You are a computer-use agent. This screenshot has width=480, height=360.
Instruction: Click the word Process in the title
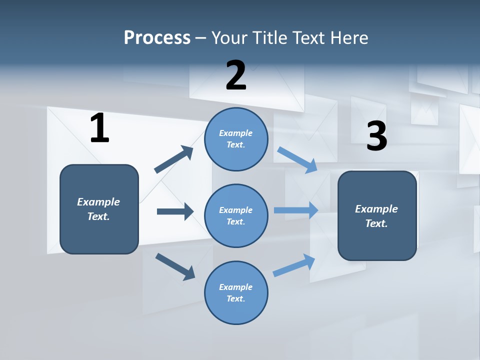click(157, 38)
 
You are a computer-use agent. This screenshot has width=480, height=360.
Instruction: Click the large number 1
click(99, 128)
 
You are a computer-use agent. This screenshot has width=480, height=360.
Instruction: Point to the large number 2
click(236, 75)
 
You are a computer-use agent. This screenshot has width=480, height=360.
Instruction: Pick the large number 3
click(376, 136)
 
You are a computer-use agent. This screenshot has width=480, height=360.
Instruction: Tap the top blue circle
click(236, 139)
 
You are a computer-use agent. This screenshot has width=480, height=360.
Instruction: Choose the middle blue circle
click(236, 216)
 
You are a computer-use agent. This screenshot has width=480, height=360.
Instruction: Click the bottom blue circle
click(236, 292)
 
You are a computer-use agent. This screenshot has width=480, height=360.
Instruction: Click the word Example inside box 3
click(376, 209)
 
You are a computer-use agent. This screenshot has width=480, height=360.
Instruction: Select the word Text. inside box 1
click(98, 216)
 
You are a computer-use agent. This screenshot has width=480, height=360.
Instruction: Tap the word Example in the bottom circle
click(235, 287)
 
